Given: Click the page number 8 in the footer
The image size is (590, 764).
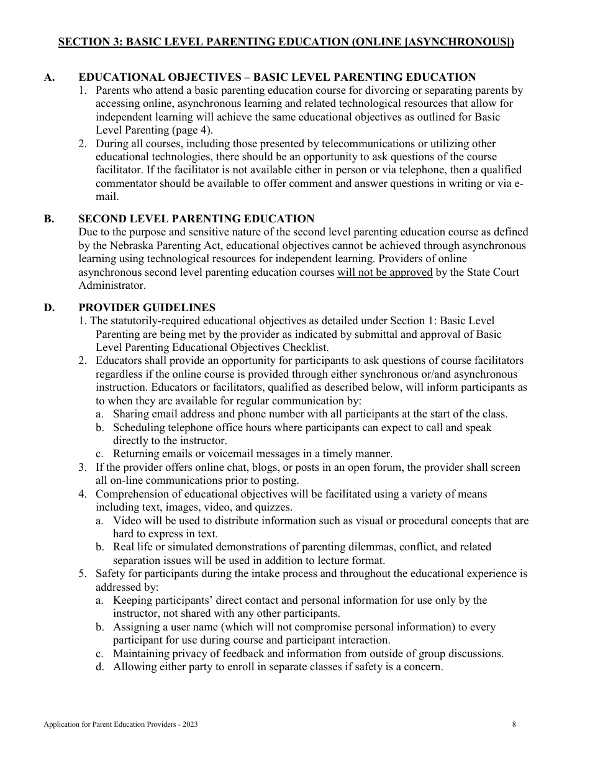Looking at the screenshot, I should pos(514,724).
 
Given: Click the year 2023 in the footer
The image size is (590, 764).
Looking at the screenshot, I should pos(191,724).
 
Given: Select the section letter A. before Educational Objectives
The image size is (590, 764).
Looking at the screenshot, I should pos(49,78).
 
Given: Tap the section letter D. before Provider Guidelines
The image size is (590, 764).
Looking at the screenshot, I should pos(49,307).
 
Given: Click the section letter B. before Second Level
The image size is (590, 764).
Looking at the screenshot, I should pos(49,219).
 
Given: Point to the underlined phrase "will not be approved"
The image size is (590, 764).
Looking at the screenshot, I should pos(384,272).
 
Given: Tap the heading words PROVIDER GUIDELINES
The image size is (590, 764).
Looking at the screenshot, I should pos(147,307).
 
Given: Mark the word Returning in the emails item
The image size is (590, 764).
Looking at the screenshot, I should pos(137,454).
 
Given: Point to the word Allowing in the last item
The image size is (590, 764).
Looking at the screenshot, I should pos(132,667).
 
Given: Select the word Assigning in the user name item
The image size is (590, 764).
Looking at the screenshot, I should pos(136,627).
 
